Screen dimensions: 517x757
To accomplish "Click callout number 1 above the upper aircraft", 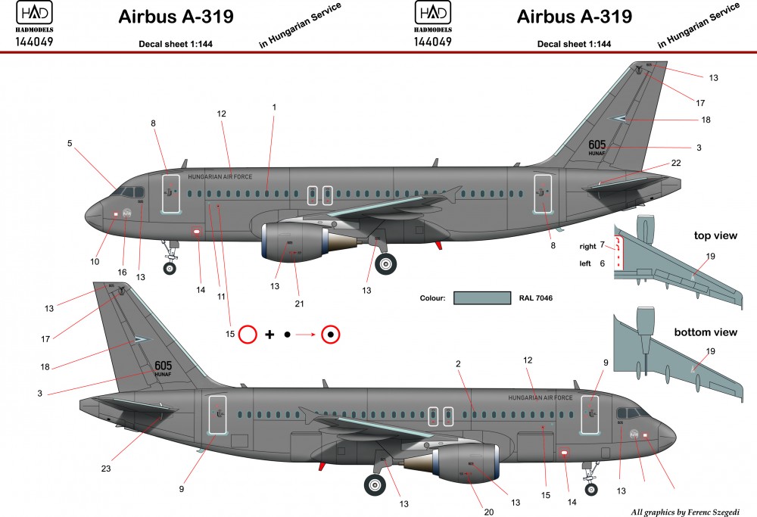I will [x=274, y=107].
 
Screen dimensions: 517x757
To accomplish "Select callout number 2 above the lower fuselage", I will [x=458, y=364].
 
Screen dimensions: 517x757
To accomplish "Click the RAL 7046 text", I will [x=537, y=298].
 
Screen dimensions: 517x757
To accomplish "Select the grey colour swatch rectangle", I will [x=481, y=297].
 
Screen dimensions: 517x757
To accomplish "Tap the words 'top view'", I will [x=715, y=235].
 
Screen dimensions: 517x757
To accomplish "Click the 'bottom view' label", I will [x=706, y=332].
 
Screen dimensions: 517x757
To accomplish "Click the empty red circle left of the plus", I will [x=247, y=334].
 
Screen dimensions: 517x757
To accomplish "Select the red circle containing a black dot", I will [x=331, y=334].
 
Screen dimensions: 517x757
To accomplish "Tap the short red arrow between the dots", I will [x=307, y=334].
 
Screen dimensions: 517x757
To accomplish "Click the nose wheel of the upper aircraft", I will [x=170, y=266].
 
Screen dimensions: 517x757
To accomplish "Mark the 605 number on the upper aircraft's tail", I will [x=597, y=145].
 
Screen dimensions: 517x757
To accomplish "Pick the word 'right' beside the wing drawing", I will [x=588, y=247].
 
